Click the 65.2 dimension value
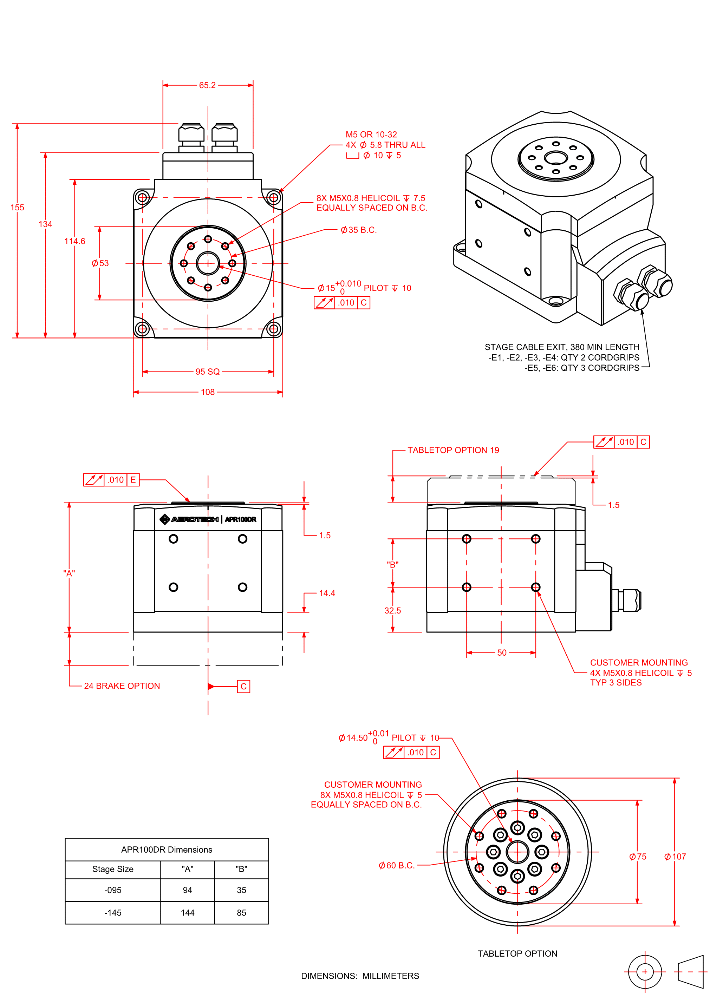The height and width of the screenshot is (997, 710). (207, 85)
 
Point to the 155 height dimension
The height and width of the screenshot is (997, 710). (18, 208)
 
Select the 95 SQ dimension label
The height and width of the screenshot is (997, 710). (208, 372)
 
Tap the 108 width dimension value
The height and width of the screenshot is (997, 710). (208, 392)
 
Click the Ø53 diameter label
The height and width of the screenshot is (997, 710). (100, 263)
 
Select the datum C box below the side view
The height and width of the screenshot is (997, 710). (243, 686)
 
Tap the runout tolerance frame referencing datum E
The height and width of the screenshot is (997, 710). (111, 480)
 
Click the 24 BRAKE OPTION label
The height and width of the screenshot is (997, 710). (122, 686)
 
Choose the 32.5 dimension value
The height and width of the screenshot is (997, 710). (393, 611)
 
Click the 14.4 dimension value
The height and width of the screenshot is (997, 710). (327, 593)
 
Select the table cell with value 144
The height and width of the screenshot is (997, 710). (188, 913)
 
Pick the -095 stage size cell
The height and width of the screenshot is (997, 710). (113, 890)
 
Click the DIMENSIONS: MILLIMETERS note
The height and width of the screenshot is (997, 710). (360, 976)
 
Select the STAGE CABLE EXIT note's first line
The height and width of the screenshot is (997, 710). (562, 347)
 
